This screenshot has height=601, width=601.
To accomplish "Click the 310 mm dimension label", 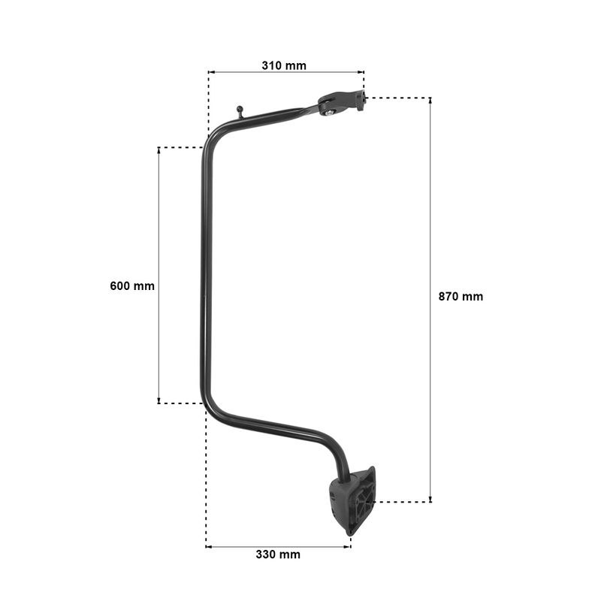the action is click(284, 65).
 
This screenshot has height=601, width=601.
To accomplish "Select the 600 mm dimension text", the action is click(132, 286).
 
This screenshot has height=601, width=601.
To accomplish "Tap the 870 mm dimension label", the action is click(461, 296).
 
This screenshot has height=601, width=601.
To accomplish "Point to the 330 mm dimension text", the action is click(278, 554).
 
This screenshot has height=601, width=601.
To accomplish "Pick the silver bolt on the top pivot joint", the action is click(329, 112).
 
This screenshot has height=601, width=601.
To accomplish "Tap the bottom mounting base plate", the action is click(353, 500).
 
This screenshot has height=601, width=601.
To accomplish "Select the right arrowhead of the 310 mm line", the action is click(361, 71).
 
